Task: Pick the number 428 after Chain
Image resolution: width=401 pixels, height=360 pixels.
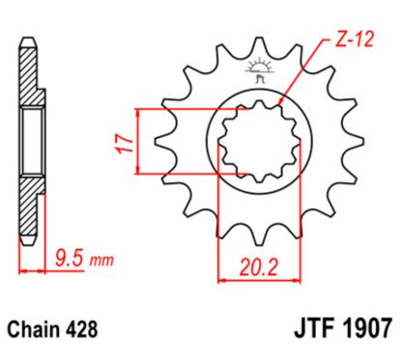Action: click(88, 329)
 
